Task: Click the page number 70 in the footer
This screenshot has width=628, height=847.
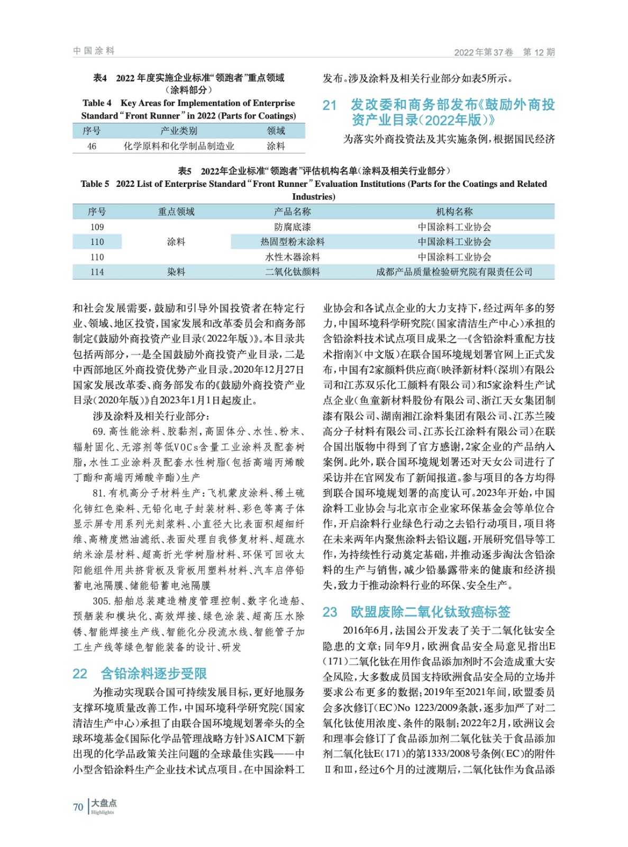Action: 78,807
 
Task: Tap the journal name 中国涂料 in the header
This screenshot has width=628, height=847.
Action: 94,51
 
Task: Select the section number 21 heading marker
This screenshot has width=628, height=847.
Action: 330,105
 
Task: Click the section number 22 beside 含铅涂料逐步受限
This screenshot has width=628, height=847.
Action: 80,673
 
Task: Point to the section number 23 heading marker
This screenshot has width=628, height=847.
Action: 330,612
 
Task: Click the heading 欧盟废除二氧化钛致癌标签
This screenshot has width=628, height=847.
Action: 430,612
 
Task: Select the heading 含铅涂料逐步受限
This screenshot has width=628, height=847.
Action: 153,673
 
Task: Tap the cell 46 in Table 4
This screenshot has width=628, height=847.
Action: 92,146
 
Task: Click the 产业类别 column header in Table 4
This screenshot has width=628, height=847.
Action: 179,131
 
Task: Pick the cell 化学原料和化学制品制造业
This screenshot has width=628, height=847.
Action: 179,146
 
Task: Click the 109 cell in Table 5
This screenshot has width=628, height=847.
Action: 97,227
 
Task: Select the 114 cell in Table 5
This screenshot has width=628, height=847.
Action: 97,272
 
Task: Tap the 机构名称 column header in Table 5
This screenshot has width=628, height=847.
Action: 454,212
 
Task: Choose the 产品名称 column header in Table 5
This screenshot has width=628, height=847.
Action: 292,212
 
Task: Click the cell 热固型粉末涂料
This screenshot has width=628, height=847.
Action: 292,242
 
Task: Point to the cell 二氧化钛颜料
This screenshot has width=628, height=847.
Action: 292,272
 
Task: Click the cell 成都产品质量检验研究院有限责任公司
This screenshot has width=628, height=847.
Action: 454,272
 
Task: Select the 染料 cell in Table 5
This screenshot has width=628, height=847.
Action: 176,272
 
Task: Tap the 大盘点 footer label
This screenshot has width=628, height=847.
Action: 104,803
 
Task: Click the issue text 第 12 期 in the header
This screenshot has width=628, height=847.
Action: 539,52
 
